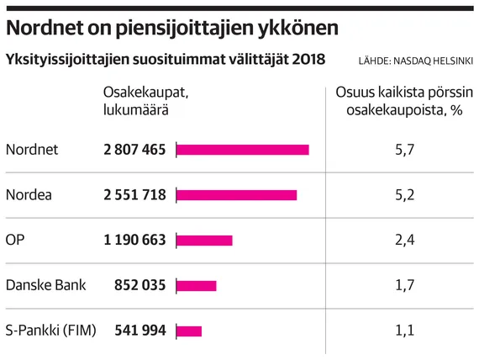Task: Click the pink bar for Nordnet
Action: pyautogui.click(x=243, y=150)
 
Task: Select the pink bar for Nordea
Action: pyautogui.click(x=237, y=195)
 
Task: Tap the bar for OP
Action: pyautogui.click(x=204, y=241)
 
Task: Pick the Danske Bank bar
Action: pyautogui.click(x=197, y=286)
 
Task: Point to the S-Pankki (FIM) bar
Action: pyautogui.click(x=189, y=331)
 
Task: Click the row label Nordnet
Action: pyautogui.click(x=32, y=150)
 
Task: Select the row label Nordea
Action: pyautogui.click(x=29, y=195)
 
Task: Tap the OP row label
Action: pyautogui.click(x=15, y=240)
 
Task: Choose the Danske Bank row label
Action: pyautogui.click(x=46, y=285)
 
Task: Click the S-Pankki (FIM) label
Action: pyautogui.click(x=50, y=331)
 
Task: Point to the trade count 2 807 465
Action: pyautogui.click(x=134, y=150)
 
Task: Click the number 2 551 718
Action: pyautogui.click(x=134, y=195)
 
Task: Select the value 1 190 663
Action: pyautogui.click(x=134, y=240)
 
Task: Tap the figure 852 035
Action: pyautogui.click(x=139, y=285)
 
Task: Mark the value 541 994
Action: pyautogui.click(x=139, y=331)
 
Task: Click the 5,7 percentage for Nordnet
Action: pyautogui.click(x=405, y=150)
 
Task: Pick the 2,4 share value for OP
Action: pyautogui.click(x=405, y=240)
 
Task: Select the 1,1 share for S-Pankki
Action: pyautogui.click(x=405, y=331)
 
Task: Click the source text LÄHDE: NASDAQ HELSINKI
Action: pyautogui.click(x=416, y=61)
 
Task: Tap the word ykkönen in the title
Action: pyautogui.click(x=297, y=29)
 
